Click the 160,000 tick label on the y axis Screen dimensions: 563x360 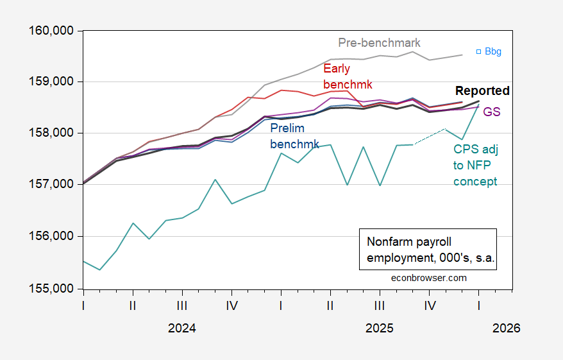[x=51, y=31]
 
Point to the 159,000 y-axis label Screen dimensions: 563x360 [x=51, y=82]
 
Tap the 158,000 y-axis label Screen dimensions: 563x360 [x=51, y=133]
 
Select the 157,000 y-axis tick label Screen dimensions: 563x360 [x=51, y=185]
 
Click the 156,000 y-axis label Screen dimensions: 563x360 [x=51, y=236]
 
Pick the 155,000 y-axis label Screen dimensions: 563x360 [x=51, y=289]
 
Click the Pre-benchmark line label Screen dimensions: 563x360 [x=379, y=43]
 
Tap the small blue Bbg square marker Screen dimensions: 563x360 [x=478, y=52]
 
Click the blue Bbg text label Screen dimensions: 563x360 [x=493, y=51]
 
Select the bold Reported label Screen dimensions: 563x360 [x=482, y=90]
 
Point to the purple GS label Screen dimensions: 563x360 [x=492, y=112]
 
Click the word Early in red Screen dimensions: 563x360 [x=337, y=69]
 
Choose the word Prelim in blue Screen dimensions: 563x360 [x=287, y=128]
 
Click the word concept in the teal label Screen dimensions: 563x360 [x=475, y=182]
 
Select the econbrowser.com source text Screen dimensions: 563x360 [x=429, y=278]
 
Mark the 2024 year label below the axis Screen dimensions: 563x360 [x=181, y=328]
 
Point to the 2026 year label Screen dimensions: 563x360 [x=507, y=328]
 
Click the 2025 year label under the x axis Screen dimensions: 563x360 [x=379, y=328]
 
